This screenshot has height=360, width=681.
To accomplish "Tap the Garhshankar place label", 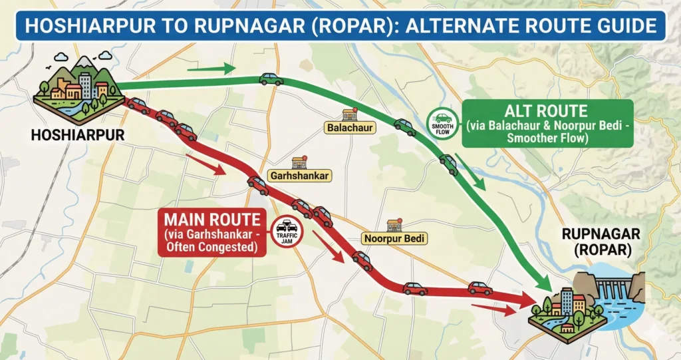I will click(299, 176).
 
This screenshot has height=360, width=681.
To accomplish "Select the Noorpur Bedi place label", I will click(395, 238).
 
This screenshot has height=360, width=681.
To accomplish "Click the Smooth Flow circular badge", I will click(442, 123).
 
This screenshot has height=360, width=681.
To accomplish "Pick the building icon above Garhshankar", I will click(299, 162).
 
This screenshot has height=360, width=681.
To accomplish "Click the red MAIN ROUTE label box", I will click(211, 232).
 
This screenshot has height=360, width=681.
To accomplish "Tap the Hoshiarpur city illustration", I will click(78, 90).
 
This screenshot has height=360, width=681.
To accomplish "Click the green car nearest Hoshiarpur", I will click(271, 79).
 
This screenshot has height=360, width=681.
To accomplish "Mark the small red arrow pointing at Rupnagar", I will click(493, 309).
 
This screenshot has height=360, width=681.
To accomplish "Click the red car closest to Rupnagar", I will click(479, 287).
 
